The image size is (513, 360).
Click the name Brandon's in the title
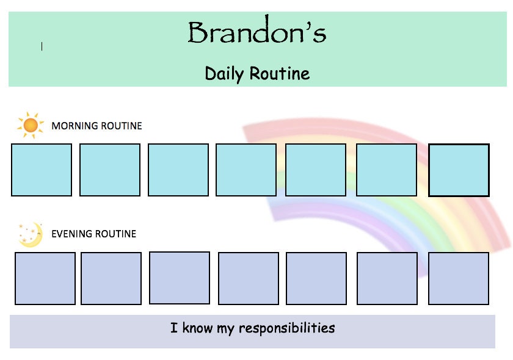(256, 33)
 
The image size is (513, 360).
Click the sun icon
(30, 125)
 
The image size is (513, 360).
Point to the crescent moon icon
(31, 235)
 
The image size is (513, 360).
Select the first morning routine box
(42, 170)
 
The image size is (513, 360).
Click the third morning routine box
(178, 170)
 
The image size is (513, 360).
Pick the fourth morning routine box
(246, 170)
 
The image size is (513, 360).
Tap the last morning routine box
(459, 170)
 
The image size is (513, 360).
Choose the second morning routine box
(110, 170)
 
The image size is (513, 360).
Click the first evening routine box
(45, 278)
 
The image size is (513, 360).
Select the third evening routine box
(180, 278)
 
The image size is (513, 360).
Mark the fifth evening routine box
(316, 278)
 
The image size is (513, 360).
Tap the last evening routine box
(459, 278)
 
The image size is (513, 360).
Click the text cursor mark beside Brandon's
(42, 46)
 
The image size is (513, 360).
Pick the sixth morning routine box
(387, 170)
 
